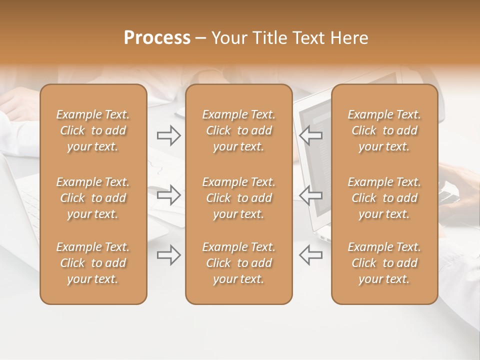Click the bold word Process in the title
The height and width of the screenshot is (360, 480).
[x=157, y=38]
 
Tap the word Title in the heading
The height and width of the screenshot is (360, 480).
[x=269, y=38]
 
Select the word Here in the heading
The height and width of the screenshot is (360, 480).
[x=350, y=38]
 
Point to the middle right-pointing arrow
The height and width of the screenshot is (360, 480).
[x=169, y=195]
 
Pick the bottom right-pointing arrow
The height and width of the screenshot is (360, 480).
[x=169, y=255]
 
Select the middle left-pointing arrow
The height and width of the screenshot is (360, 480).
[x=310, y=195]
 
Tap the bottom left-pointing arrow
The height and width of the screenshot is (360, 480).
[x=310, y=255]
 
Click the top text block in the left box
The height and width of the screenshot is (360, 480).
[x=93, y=130]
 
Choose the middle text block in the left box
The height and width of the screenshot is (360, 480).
[x=93, y=198]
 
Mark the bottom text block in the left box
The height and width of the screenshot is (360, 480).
[x=93, y=263]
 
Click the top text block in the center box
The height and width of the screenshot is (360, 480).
[x=238, y=130]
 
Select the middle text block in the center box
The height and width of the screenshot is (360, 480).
[x=238, y=198]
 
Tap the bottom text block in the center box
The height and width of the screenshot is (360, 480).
[x=238, y=263]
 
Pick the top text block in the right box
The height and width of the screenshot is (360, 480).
[x=384, y=130]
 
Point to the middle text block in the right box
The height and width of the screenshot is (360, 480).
[x=384, y=198]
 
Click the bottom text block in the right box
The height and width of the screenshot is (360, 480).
[x=384, y=263]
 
